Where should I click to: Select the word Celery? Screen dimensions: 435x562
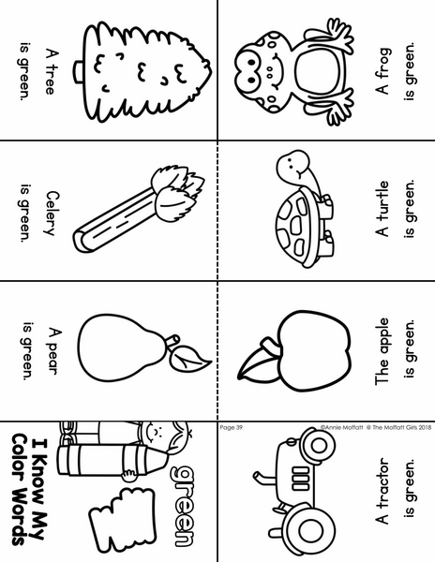[x=52, y=214]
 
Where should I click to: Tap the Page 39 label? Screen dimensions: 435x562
[x=231, y=427]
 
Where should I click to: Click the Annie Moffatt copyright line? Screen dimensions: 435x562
[x=376, y=427]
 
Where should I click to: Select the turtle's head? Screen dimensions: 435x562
[x=292, y=164]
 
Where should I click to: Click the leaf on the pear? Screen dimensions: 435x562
[x=189, y=358]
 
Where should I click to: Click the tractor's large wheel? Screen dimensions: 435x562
[x=307, y=528]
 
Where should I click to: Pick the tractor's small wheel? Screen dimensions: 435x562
[x=317, y=446]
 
